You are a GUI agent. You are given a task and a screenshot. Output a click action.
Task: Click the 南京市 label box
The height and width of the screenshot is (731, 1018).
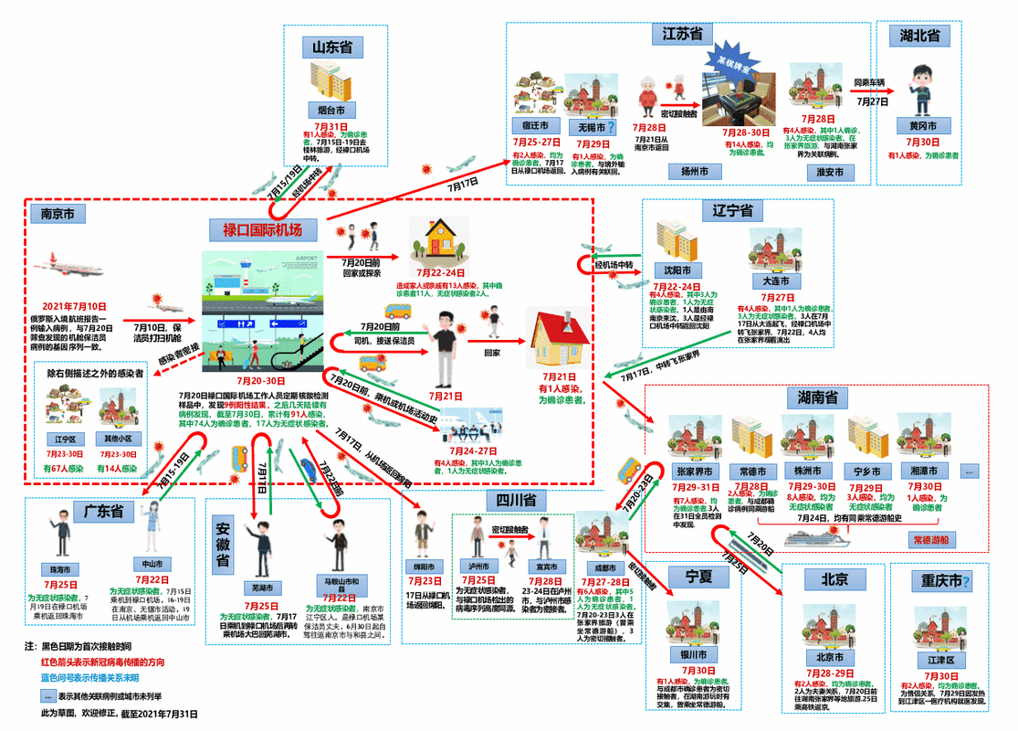(x=58, y=214)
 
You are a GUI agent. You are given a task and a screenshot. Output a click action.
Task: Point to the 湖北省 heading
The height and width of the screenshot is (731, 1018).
(x=919, y=36)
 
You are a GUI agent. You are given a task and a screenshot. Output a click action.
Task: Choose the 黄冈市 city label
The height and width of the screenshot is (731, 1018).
(x=923, y=126)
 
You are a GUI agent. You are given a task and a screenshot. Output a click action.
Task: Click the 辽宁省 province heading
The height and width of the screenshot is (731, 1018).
(x=732, y=211)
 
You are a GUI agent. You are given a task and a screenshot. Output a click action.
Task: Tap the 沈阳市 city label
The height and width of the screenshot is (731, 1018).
(x=677, y=271)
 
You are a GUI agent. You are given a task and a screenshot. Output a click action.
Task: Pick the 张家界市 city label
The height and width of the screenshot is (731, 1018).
(x=697, y=471)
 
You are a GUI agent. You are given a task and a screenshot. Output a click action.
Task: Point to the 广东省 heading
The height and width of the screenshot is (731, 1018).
(x=104, y=512)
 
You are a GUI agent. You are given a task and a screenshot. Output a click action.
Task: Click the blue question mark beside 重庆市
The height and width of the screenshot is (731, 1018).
(x=965, y=582)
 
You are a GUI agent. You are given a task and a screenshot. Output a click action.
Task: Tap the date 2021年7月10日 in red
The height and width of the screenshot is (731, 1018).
(x=73, y=307)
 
